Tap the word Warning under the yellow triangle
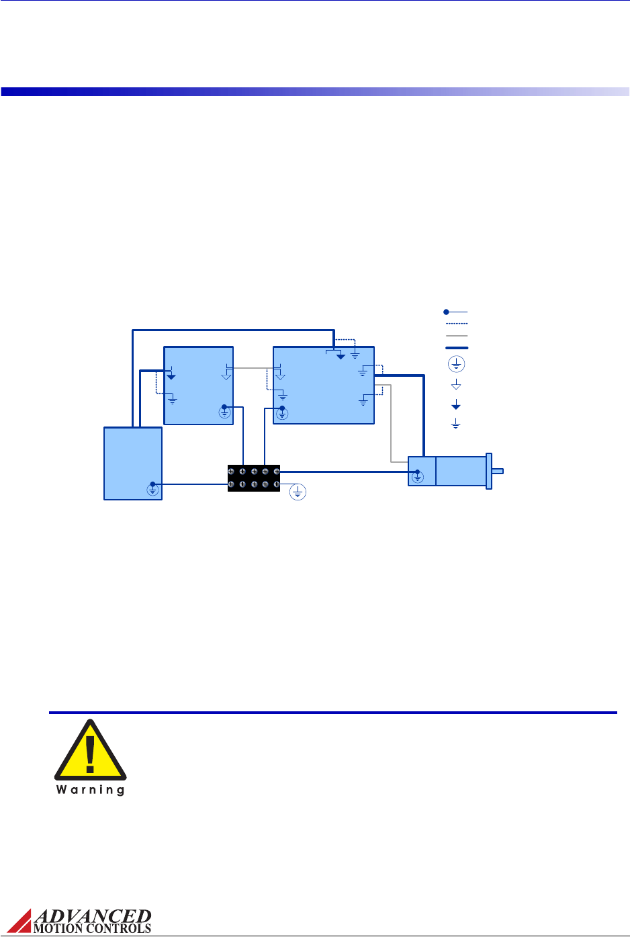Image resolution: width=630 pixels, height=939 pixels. click(90, 790)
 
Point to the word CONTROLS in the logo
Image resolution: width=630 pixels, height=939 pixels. click(118, 929)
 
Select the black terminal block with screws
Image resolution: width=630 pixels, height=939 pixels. click(254, 478)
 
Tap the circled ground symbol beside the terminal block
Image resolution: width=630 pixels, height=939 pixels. click(298, 492)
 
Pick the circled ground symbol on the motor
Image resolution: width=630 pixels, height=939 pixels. click(418, 477)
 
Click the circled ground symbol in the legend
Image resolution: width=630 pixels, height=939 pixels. click(456, 365)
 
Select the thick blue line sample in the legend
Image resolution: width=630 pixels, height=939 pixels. click(456, 348)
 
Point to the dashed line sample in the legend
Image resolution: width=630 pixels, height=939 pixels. click(456, 324)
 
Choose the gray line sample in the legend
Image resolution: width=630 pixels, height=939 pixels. click(456, 336)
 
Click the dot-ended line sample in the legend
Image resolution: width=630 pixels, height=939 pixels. click(455, 312)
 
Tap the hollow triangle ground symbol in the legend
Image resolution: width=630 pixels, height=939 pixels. click(456, 385)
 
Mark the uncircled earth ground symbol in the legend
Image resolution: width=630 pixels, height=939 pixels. click(456, 424)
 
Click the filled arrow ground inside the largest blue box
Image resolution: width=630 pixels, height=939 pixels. click(341, 355)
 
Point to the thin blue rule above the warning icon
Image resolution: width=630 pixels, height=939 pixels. click(332, 712)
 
